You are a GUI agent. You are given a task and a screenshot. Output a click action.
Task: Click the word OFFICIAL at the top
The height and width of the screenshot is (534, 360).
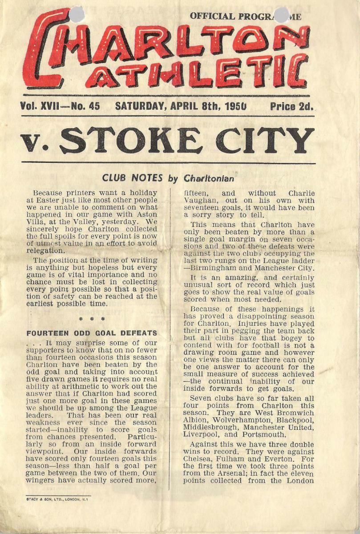pyautogui.click(x=209, y=16)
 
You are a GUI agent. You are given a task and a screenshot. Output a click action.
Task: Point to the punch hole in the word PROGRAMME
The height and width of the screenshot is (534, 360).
pyautogui.click(x=281, y=14)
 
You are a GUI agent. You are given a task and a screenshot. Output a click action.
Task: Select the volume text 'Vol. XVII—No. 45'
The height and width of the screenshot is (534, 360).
pyautogui.click(x=60, y=106)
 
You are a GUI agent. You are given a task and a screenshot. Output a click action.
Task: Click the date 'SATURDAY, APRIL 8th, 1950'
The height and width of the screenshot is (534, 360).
pyautogui.click(x=181, y=106)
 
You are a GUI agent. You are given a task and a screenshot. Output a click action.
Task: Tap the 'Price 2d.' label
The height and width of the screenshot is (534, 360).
pyautogui.click(x=291, y=106)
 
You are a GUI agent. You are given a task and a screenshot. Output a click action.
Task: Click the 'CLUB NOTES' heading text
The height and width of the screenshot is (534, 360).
pyautogui.click(x=132, y=178)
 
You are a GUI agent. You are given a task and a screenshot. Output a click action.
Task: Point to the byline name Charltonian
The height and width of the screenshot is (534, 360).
pyautogui.click(x=209, y=178)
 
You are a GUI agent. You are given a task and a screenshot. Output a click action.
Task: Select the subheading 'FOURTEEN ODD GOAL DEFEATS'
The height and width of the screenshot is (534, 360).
pyautogui.click(x=92, y=333)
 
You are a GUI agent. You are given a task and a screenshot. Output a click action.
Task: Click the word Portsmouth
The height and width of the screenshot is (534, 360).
pyautogui.click(x=263, y=434)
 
